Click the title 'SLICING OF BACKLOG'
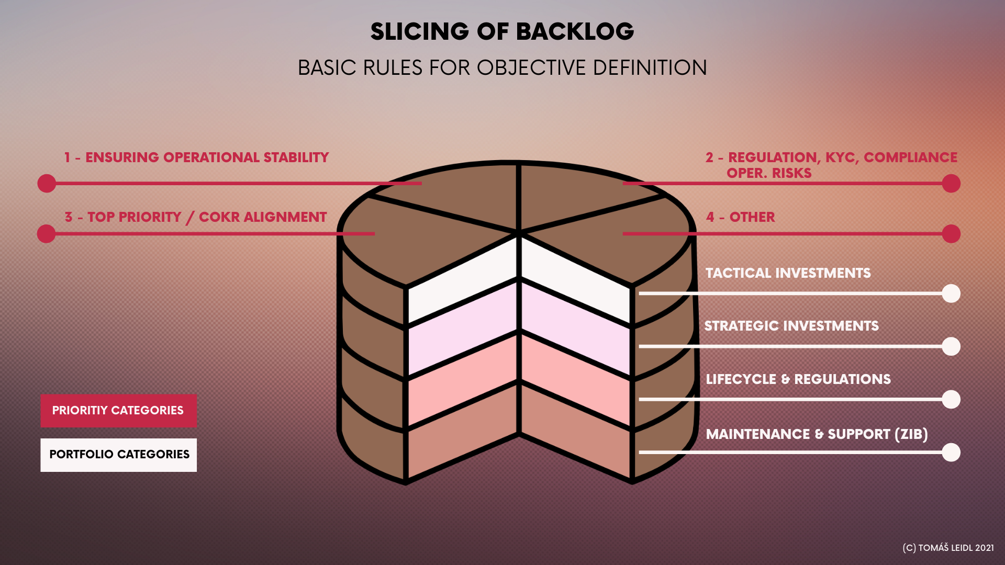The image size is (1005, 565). [x=502, y=32]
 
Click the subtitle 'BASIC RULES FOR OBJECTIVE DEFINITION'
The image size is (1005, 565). [x=502, y=68]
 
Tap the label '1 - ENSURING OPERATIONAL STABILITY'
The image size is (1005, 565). [x=196, y=157]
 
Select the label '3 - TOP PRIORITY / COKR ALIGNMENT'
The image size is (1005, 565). [x=195, y=217]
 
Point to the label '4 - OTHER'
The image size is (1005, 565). [x=740, y=217]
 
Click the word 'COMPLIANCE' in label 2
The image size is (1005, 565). [x=910, y=157]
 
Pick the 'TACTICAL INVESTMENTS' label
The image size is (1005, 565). [x=788, y=273]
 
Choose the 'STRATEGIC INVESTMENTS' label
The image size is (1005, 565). [x=791, y=326]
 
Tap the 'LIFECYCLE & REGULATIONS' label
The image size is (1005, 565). [x=798, y=379]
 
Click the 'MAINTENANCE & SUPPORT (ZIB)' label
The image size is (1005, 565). [x=817, y=434]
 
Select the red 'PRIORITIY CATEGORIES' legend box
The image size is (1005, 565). [x=118, y=411]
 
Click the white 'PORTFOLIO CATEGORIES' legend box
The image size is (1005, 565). [x=119, y=455]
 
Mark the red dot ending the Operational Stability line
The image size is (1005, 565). [x=47, y=184]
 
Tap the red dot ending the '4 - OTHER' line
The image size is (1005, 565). [x=951, y=234]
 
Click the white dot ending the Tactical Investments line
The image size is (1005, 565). [x=951, y=293]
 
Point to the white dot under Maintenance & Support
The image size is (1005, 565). [x=951, y=453]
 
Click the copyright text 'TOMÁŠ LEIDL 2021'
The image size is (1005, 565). [x=955, y=548]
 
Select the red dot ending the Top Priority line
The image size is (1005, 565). [x=47, y=234]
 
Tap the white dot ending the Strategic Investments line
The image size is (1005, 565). [x=951, y=346]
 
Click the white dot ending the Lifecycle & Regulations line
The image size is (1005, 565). [x=951, y=400]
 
